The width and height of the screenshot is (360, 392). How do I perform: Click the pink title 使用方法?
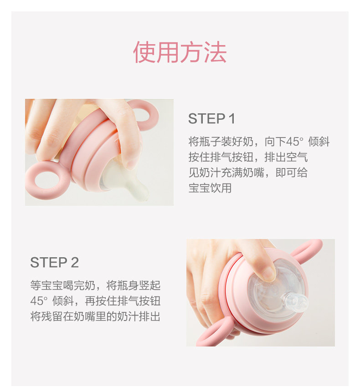(x=180, y=52)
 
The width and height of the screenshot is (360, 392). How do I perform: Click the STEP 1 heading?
(x=211, y=118)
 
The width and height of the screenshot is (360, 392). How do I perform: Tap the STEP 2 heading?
(x=55, y=263)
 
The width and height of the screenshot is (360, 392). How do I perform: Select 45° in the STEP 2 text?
(x=39, y=301)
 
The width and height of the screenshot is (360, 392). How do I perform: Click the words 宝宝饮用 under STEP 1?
(x=210, y=188)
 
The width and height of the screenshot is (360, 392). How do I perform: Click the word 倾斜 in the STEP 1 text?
(x=319, y=142)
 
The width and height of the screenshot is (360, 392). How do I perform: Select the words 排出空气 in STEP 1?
(x=286, y=157)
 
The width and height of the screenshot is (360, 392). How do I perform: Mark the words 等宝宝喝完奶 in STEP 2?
(x=63, y=285)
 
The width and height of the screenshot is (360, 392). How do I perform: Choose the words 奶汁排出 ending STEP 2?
(x=139, y=316)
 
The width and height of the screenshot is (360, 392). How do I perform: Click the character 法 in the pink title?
(x=216, y=52)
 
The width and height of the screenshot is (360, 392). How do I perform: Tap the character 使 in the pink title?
(x=144, y=52)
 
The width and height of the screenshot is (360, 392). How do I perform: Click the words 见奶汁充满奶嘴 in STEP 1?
(x=226, y=173)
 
